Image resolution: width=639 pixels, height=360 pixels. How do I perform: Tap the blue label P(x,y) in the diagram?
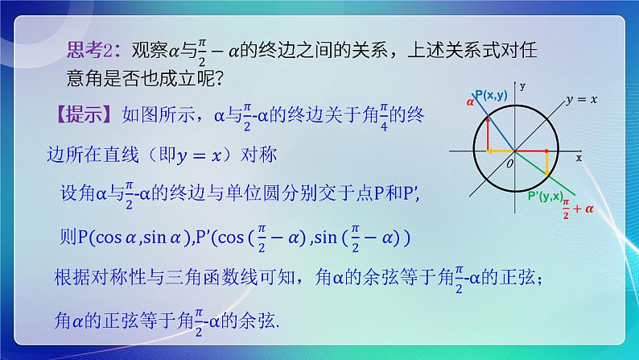pyautogui.click(x=491, y=95)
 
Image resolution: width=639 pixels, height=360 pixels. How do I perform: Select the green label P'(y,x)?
pyautogui.click(x=546, y=196)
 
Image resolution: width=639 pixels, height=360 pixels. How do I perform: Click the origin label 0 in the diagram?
pyautogui.click(x=509, y=163)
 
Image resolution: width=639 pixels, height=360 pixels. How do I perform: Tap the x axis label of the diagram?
pyautogui.click(x=579, y=159)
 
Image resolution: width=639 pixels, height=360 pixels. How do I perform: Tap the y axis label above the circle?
pyautogui.click(x=522, y=85)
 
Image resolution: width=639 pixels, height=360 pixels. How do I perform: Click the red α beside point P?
pyautogui.click(x=470, y=102)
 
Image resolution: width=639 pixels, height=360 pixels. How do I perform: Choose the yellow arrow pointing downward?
pyautogui.click(x=547, y=163)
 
